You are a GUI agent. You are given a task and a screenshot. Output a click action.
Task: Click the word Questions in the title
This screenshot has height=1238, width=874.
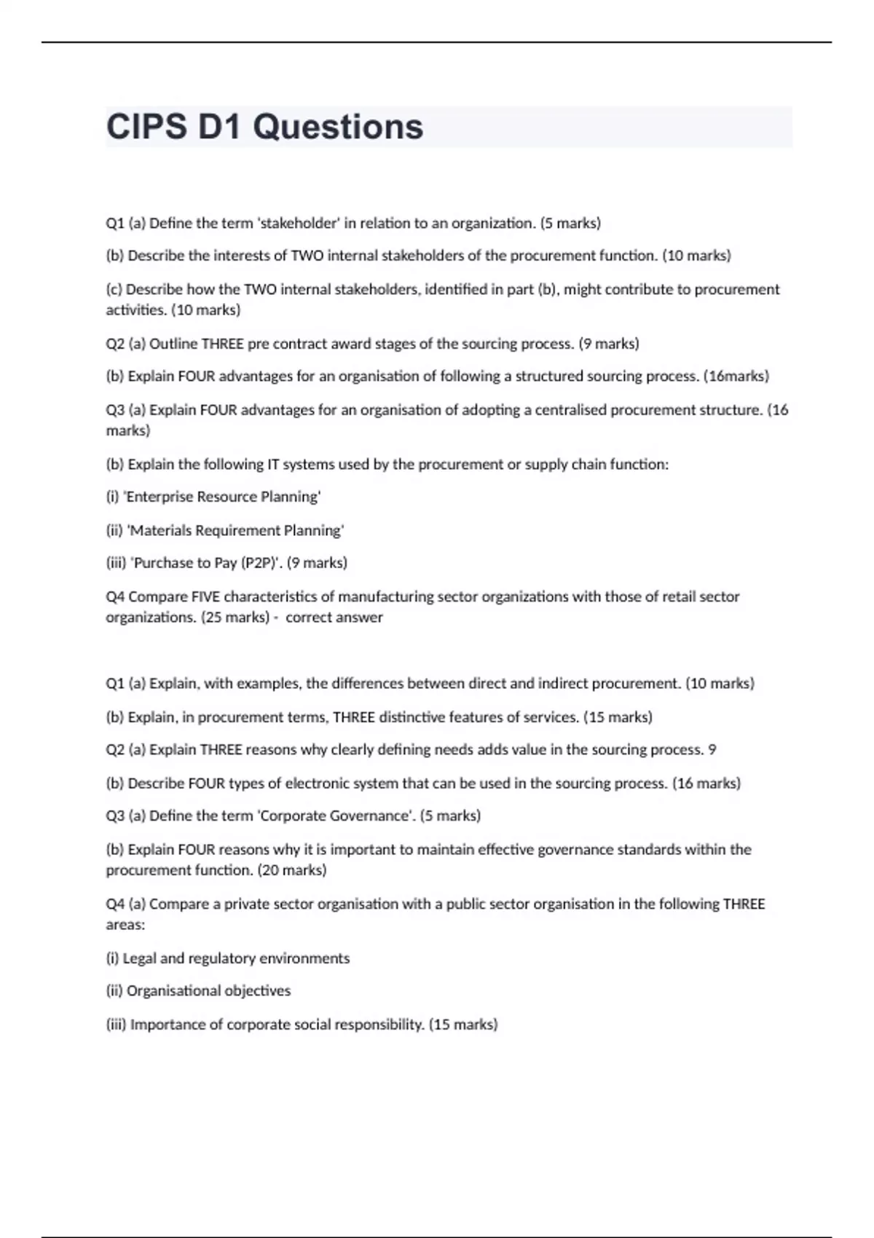click(x=338, y=127)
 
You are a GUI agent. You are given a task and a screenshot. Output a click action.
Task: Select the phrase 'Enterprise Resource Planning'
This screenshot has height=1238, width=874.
click(x=223, y=497)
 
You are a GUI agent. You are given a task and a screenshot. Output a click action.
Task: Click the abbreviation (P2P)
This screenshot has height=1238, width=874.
click(x=260, y=563)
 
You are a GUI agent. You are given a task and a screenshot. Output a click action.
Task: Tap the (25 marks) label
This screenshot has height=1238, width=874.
click(x=235, y=618)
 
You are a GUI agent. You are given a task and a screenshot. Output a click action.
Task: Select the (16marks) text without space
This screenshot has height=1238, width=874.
click(x=736, y=376)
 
